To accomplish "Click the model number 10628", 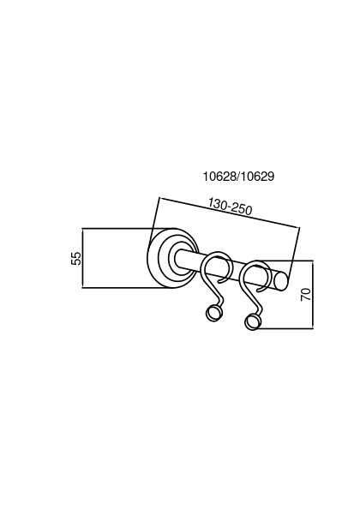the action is [x=220, y=177].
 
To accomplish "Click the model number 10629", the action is [x=258, y=177].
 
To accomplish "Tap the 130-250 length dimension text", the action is [x=231, y=207].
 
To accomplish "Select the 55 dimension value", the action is [x=76, y=258].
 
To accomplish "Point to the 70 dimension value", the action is [x=306, y=294].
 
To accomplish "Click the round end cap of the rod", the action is [x=280, y=281].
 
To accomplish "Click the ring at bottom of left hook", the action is [x=214, y=313].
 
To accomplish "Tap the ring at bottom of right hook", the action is [x=253, y=321].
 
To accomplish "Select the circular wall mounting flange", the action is [x=171, y=258].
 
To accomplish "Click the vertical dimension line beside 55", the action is [x=82, y=258].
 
